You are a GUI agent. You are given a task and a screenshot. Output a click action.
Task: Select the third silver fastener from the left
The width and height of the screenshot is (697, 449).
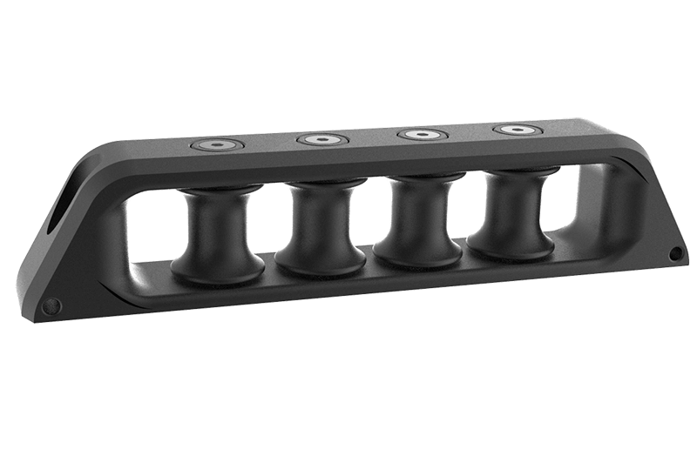coord(423,135)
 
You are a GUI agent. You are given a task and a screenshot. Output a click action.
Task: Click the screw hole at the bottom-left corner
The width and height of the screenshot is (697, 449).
coord(51,305)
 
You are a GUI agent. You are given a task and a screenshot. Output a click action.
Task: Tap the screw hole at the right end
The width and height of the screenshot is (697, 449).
coord(675,252)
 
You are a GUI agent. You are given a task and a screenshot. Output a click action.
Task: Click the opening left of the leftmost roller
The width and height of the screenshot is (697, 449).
coord(153,231)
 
